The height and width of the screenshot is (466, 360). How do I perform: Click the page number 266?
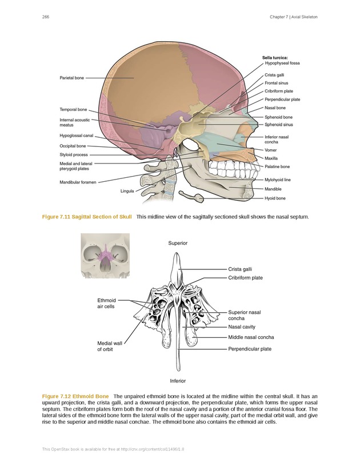(x=45, y=17)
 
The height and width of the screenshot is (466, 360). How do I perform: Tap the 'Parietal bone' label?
(x=73, y=78)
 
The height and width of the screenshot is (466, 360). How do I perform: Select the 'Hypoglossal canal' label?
(x=76, y=136)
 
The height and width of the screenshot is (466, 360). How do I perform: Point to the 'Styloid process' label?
(x=74, y=155)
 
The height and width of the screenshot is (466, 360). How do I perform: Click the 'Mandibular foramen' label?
(x=78, y=182)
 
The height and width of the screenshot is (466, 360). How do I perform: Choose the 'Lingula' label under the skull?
(x=127, y=190)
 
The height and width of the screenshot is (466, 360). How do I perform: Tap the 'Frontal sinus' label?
(x=276, y=83)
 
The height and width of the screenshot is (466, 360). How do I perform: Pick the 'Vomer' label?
(x=270, y=150)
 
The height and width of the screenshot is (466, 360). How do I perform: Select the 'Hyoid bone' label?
(x=275, y=198)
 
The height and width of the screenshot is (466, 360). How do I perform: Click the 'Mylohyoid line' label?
(x=278, y=180)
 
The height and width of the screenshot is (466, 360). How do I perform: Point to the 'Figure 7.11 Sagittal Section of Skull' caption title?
(x=87, y=217)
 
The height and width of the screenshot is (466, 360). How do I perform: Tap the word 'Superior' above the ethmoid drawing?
(x=178, y=243)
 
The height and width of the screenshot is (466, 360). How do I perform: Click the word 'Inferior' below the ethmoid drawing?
(x=178, y=381)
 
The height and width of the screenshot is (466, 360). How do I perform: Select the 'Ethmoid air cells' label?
(x=106, y=303)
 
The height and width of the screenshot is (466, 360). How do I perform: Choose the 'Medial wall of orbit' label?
(x=110, y=346)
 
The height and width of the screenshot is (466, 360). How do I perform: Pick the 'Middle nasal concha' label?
(x=251, y=337)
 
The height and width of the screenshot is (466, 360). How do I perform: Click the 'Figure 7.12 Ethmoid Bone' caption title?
(x=75, y=396)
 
